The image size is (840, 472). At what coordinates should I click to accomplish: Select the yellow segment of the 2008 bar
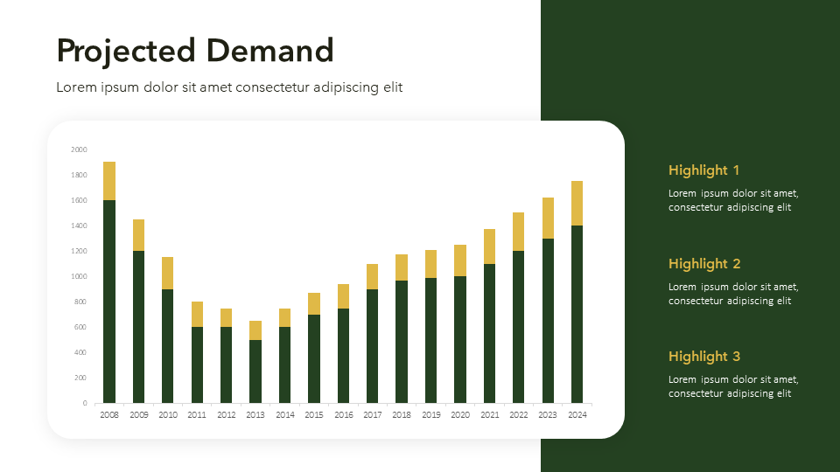click(x=109, y=181)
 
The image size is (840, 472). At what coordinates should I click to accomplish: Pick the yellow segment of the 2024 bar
click(x=577, y=203)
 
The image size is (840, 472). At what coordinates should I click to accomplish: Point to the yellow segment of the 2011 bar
click(x=197, y=314)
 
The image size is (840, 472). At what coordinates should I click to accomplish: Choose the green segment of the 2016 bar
click(x=343, y=355)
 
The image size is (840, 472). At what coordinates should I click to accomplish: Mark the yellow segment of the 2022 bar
click(x=518, y=232)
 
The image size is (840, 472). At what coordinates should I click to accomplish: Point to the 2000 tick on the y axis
click(x=79, y=150)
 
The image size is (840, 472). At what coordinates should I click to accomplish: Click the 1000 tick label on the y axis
click(x=79, y=276)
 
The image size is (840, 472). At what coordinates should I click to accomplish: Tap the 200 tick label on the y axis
click(x=80, y=378)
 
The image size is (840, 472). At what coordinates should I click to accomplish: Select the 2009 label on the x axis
click(x=138, y=415)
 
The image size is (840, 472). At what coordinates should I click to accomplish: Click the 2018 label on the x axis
click(x=402, y=415)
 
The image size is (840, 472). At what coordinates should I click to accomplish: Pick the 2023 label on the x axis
click(x=548, y=415)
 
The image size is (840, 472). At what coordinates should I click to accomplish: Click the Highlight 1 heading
click(x=703, y=170)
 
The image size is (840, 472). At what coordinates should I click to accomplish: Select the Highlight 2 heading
click(x=703, y=264)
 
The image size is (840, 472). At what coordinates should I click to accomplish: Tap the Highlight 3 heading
click(x=703, y=357)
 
